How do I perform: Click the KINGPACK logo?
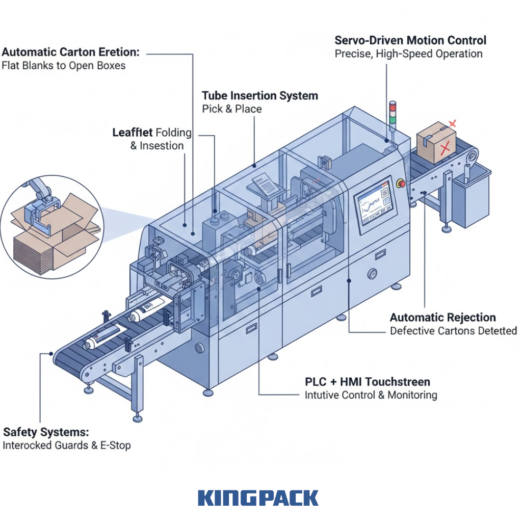[258, 498]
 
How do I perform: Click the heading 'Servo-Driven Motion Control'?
[410, 40]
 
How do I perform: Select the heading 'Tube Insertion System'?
[259, 95]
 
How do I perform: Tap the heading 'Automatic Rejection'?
[443, 317]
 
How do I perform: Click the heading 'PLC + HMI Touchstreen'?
[367, 381]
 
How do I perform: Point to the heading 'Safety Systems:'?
[46, 432]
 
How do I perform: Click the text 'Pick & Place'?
[232, 109]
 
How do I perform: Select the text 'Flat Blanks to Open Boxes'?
[64, 66]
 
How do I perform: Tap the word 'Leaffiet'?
[132, 133]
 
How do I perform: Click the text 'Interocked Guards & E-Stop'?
[67, 446]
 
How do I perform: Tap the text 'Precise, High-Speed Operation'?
[408, 54]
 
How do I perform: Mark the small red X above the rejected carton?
[452, 124]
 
